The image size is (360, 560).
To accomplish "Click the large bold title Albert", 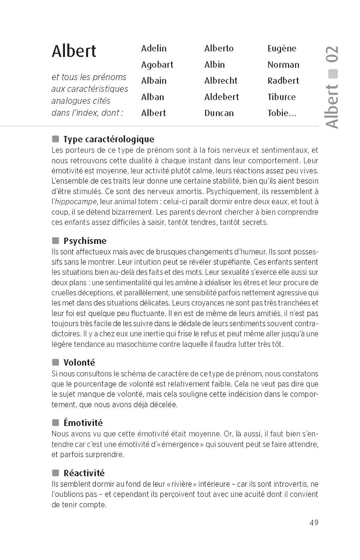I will (74, 51).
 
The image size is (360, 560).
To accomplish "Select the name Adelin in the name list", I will (154, 49).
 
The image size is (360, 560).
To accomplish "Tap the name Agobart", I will (157, 65).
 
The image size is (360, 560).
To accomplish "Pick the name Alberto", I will (219, 49).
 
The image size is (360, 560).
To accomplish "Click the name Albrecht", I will (221, 81).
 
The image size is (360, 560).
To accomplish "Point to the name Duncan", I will (219, 113).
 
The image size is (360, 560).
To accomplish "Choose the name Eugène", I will (282, 49).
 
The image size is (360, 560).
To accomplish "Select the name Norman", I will (283, 65).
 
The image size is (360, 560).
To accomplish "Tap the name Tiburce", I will (281, 97).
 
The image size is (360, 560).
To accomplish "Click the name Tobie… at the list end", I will (282, 113).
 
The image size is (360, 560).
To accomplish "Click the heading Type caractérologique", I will (109, 139).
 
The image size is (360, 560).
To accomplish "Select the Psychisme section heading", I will (85, 241).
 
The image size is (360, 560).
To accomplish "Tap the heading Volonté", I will (79, 363).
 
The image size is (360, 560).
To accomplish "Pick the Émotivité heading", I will (83, 423).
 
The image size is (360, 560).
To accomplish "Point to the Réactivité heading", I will (84, 473).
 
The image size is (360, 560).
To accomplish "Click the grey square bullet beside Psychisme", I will (56, 240).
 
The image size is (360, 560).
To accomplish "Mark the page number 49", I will (314, 523).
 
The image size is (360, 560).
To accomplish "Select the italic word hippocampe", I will (76, 202).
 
